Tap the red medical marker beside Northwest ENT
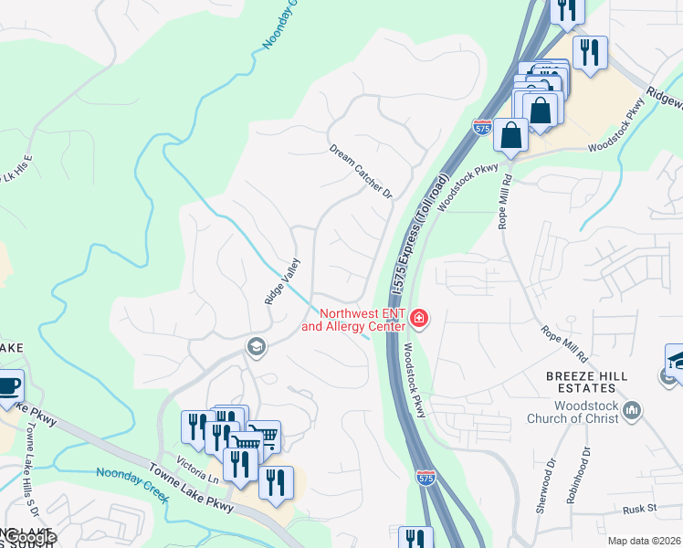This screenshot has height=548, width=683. coord(419,319)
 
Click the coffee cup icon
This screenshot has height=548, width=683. coord(7,385)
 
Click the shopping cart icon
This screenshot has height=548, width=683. coord(264,437)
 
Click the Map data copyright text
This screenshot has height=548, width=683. coord(644,541)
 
